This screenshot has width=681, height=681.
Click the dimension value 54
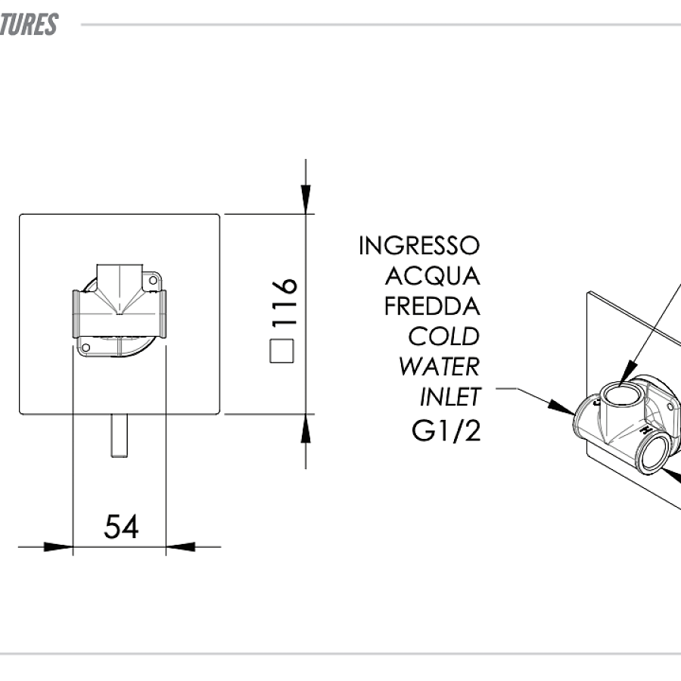(x=121, y=527)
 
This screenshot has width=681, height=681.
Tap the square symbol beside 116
(x=281, y=351)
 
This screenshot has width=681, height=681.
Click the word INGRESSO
(x=418, y=246)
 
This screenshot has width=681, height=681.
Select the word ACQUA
(x=432, y=275)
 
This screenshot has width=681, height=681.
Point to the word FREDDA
(x=432, y=306)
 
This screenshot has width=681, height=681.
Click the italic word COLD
(x=443, y=336)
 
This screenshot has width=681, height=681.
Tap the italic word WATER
(x=439, y=366)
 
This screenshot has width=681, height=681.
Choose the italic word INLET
(x=449, y=396)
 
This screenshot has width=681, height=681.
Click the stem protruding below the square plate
(x=118, y=436)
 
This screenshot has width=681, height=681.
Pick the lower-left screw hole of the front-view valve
(x=86, y=347)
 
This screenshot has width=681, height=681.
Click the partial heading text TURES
(x=29, y=24)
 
